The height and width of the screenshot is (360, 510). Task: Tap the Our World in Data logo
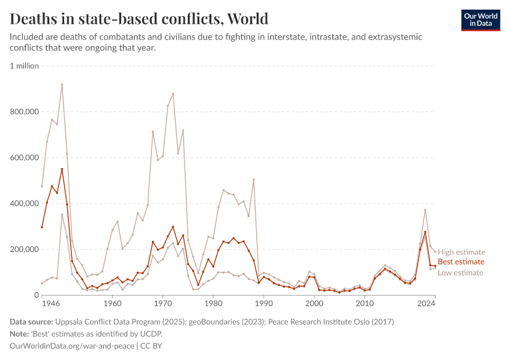pos(480,20)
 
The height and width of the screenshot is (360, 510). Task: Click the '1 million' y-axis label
pos(25,66)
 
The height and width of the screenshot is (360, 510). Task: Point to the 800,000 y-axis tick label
pos(25,112)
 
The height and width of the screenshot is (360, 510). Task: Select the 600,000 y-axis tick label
pos(25,158)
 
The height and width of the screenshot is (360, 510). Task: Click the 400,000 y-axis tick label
pos(25,204)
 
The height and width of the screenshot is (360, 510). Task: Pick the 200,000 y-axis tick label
pos(25,250)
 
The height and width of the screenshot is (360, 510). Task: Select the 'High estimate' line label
pos(461,252)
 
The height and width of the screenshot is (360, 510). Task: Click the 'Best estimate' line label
pos(461,262)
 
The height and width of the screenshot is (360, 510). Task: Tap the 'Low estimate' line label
pos(460,272)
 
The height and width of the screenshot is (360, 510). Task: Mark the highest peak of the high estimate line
pos(62,85)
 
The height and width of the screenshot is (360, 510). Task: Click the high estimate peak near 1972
pos(173,94)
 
